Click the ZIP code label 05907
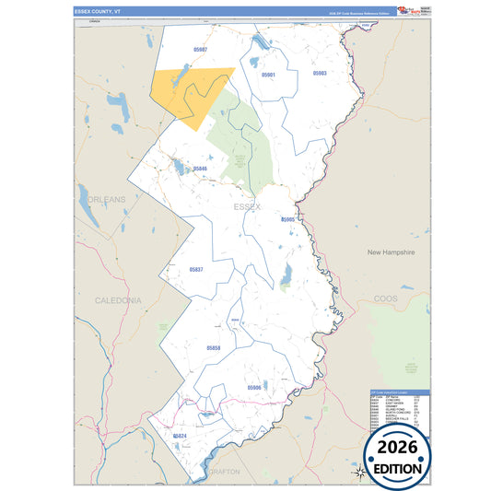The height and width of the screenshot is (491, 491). [x=200, y=49]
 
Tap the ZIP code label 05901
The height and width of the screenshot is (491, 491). [x=269, y=74]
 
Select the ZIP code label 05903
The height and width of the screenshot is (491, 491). [x=320, y=72]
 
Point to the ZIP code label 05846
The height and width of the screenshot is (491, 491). [x=200, y=169]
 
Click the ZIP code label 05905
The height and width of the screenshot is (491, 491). [x=287, y=220]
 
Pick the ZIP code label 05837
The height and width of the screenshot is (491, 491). [x=195, y=269]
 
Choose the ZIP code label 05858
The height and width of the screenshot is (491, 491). [x=214, y=347]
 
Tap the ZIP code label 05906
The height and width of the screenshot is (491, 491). [x=255, y=388]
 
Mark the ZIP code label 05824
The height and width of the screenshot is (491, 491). [x=180, y=435]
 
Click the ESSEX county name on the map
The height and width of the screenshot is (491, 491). [x=248, y=207]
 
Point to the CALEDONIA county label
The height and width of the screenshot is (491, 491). [x=118, y=300]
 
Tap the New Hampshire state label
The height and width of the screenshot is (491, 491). [x=392, y=251]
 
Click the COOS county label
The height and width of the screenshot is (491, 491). [x=386, y=298]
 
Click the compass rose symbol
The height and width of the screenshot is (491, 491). [x=360, y=472]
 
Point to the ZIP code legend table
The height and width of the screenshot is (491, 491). [x=398, y=408]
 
